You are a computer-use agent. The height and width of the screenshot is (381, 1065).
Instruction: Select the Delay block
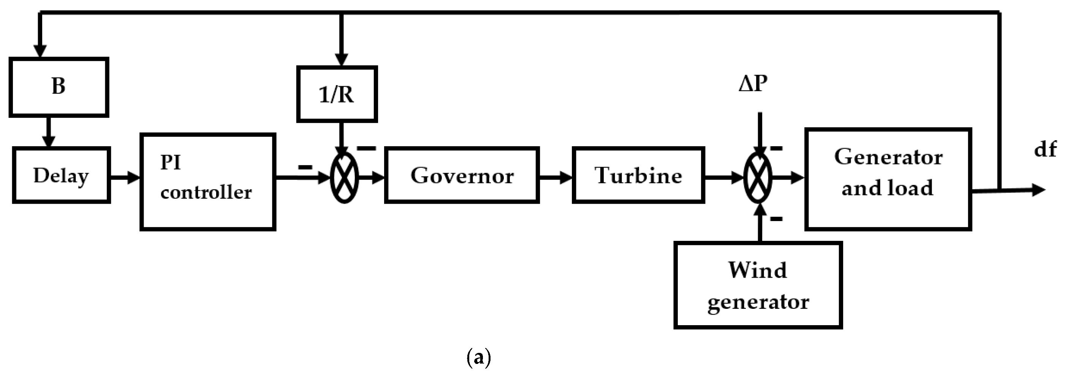pos(61,175)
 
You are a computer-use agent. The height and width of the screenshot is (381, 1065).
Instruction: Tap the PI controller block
pos(207,182)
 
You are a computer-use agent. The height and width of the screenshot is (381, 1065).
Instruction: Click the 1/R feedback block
pos(337,94)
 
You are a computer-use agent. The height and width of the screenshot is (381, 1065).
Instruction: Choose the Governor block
pos(461,175)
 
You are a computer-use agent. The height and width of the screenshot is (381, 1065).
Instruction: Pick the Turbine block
pos(638,175)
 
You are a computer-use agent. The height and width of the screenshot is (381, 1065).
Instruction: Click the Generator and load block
pos(888,179)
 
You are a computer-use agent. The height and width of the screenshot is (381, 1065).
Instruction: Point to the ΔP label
pos(753,84)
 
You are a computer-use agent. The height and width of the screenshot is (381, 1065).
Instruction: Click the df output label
pos(1045,150)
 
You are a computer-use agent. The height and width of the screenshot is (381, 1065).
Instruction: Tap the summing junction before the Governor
pos(344,178)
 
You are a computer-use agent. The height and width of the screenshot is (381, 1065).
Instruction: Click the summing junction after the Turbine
pos(758,178)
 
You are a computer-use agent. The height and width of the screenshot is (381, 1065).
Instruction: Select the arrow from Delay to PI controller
pos(125,178)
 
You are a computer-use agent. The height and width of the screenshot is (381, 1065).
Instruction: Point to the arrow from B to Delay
pos(48,132)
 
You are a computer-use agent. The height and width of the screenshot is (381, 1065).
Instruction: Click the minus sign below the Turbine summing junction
pos(776,218)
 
